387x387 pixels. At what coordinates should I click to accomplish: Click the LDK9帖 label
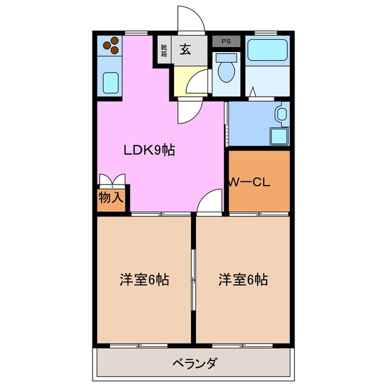pyautogui.click(x=149, y=151)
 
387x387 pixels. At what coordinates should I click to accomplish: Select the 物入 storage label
pyautogui.click(x=112, y=197)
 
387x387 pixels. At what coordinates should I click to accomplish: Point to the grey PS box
pyautogui.click(x=226, y=42)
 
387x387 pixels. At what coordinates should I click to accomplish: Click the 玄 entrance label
pyautogui.click(x=185, y=50)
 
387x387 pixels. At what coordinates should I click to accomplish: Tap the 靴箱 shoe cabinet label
pyautogui.click(x=164, y=50)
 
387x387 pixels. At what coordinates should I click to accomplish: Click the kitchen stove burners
pyautogui.click(x=109, y=45)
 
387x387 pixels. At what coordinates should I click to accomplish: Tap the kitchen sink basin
pyautogui.click(x=109, y=80)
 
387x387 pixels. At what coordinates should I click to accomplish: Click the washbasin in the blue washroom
pyautogui.click(x=281, y=113)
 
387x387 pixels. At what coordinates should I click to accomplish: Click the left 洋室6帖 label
pyautogui.click(x=143, y=280)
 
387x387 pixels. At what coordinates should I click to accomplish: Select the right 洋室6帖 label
pyautogui.click(x=243, y=280)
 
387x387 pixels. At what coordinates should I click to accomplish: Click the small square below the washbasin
pyautogui.click(x=277, y=135)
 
